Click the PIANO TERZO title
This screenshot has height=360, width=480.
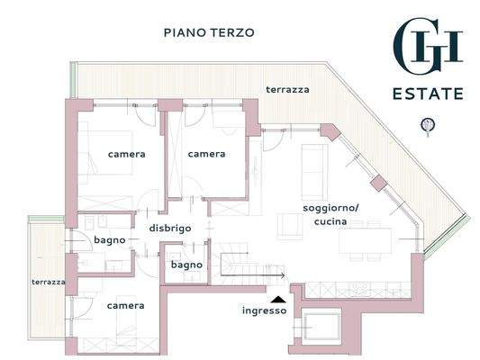coord(209,32)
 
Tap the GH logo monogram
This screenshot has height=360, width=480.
coord(428,45)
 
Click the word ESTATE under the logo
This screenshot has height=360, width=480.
coord(428,94)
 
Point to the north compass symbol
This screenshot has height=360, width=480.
coord(428,125)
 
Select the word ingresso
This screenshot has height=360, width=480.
coord(265,310)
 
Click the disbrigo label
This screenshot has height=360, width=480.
coord(170,229)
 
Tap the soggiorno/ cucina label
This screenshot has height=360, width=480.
coord(331,215)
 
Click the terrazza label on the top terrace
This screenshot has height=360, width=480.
coord(287,90)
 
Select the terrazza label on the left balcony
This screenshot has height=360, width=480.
coord(49,282)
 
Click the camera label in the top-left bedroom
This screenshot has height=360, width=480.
coord(126,154)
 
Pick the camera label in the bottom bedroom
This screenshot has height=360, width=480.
coord(125,306)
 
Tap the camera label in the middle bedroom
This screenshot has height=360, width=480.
coord(206,154)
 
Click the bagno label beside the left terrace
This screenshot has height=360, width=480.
coord(110,240)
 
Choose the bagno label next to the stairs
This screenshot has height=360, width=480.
coord(186,265)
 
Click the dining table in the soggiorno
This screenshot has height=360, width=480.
coord(366,240)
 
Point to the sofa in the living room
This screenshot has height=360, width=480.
coord(314,172)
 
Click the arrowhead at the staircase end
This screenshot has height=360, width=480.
coord(283,276)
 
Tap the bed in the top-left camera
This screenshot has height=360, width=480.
coord(105,152)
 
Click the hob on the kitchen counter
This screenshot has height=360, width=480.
coord(358,289)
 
